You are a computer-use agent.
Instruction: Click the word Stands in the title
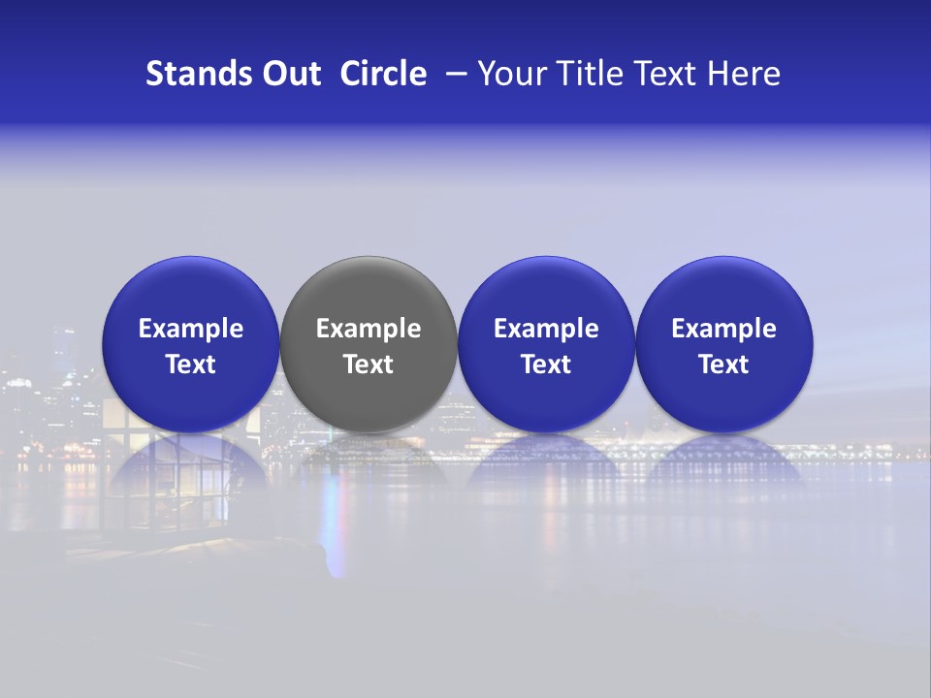184,74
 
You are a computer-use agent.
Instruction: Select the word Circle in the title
383,74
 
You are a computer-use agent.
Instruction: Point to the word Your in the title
507,74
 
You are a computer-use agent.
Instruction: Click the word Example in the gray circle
369,330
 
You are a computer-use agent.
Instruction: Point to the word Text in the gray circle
369,365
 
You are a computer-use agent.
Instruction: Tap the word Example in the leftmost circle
191,330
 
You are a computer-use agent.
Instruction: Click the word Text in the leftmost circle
191,365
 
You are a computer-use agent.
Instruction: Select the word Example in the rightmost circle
724,330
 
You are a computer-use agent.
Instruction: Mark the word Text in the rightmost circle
724,365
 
